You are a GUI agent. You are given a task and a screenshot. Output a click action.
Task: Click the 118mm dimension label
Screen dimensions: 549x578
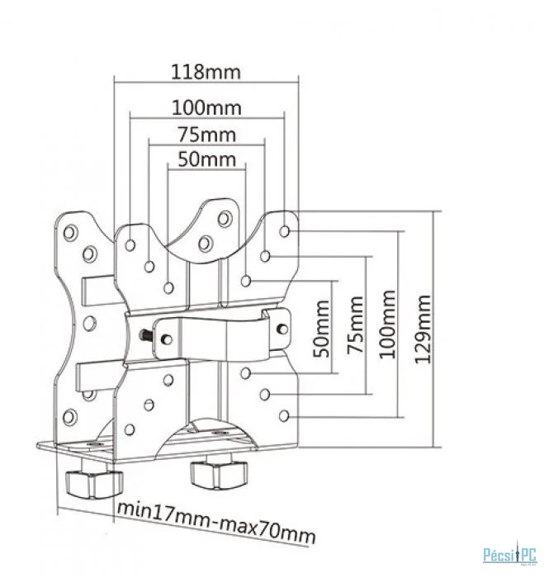click(x=206, y=73)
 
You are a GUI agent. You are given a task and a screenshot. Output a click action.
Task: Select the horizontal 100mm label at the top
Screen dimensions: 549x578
click(x=206, y=108)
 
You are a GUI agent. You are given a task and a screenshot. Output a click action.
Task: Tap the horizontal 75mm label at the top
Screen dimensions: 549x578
click(x=206, y=135)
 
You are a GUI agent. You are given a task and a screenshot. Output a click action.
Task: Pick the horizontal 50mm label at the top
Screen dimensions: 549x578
click(x=206, y=159)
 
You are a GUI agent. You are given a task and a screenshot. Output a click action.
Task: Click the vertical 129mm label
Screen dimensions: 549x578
click(x=422, y=329)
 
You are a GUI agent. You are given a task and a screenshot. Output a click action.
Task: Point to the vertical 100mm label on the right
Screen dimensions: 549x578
click(x=387, y=325)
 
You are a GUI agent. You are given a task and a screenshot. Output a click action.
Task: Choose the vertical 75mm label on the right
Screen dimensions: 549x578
click(x=355, y=325)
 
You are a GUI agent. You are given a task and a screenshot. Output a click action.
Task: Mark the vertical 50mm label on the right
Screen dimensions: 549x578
click(x=321, y=329)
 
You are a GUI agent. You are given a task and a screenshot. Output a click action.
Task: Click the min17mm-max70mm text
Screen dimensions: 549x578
click(x=216, y=522)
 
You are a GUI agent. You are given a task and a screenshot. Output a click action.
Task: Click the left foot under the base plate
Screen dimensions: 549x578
click(x=93, y=481)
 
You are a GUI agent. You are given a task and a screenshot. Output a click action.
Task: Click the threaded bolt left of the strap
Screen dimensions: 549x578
click(x=145, y=335)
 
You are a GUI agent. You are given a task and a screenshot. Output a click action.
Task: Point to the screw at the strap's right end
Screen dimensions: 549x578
click(x=282, y=328)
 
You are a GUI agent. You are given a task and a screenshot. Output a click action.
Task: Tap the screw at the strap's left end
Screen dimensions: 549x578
click(x=167, y=339)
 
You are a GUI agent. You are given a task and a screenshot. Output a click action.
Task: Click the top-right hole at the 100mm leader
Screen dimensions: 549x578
click(x=284, y=231)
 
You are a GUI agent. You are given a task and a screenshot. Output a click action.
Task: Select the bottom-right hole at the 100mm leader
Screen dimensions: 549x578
click(x=284, y=416)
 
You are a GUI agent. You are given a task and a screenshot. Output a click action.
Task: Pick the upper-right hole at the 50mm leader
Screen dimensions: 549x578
click(x=246, y=281)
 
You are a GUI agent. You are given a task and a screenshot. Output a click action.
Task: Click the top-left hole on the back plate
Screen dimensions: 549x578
click(x=70, y=233)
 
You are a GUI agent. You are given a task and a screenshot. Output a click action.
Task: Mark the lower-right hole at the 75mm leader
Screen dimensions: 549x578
click(x=264, y=395)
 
